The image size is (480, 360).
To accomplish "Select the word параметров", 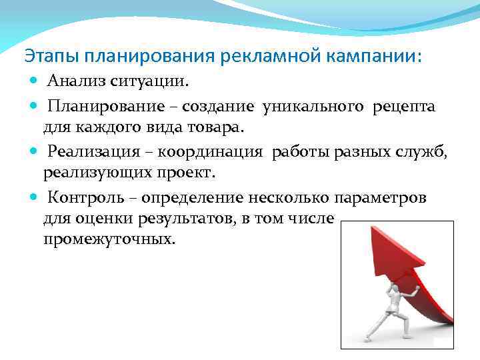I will (382, 198).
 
